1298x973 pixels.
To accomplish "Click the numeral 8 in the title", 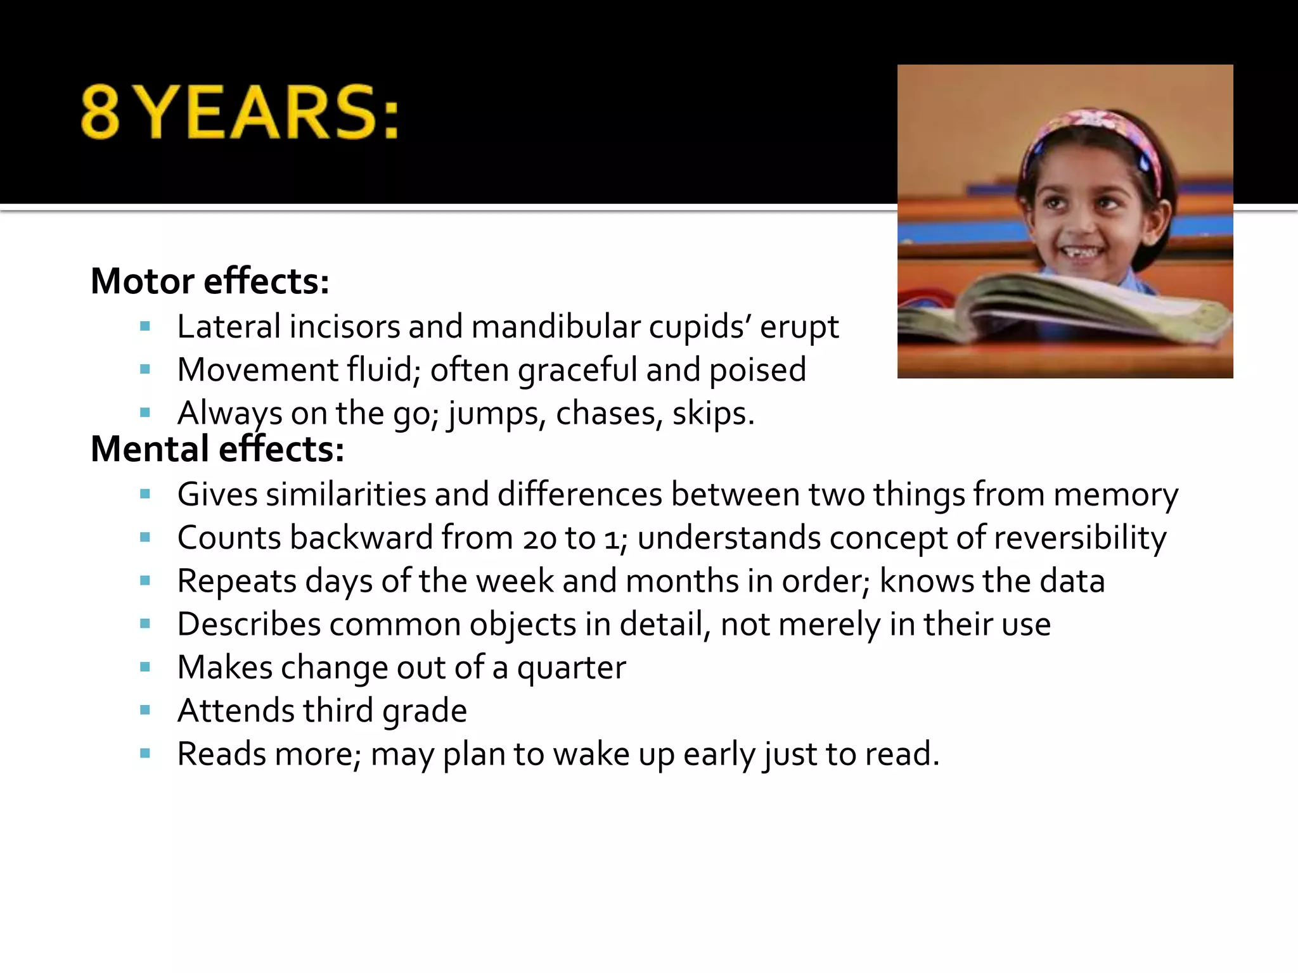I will point(100,112).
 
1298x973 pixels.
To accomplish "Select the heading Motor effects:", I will point(210,281).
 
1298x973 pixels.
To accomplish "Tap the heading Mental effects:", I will point(217,449).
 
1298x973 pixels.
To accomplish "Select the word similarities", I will point(345,494).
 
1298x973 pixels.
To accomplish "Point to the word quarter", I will point(571,668).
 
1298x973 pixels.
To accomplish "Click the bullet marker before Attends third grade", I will point(145,710).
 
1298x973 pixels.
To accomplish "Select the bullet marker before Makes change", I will point(145,667).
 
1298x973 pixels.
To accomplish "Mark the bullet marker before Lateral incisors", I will point(145,327).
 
